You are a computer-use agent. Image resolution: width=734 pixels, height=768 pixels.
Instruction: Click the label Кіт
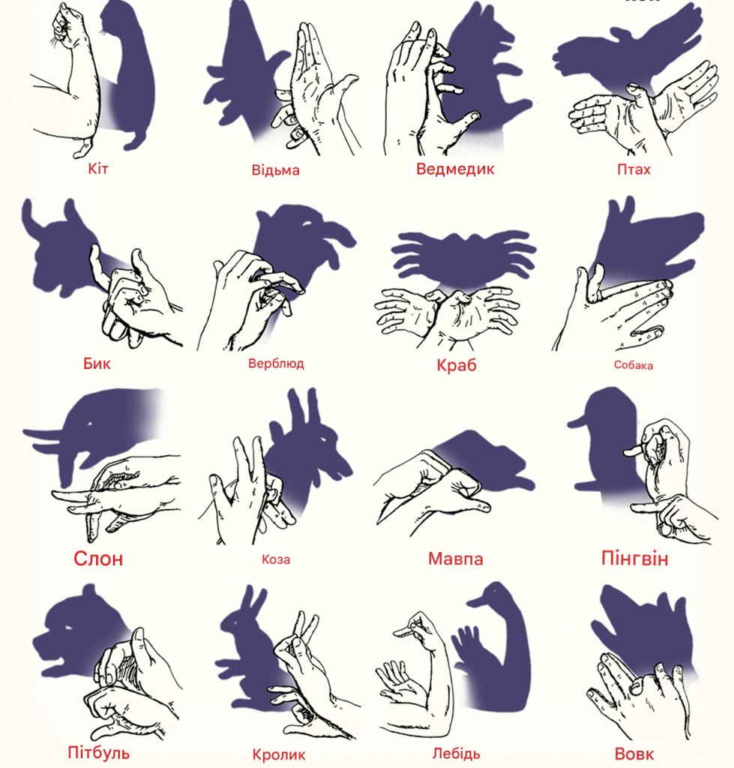click(98, 169)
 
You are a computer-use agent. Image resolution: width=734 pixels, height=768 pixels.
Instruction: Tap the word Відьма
click(275, 170)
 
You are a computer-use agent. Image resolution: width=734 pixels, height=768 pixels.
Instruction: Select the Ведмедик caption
click(455, 169)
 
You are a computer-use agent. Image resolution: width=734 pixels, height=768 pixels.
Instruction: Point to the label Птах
click(634, 169)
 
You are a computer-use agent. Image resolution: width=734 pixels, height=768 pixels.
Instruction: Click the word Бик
click(97, 363)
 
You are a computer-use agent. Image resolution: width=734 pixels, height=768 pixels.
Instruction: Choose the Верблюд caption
click(276, 364)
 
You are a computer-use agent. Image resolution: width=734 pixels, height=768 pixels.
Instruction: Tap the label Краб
click(457, 365)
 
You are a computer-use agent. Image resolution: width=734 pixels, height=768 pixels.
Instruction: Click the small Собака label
click(633, 365)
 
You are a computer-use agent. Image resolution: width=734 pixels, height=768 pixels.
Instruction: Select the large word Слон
click(98, 558)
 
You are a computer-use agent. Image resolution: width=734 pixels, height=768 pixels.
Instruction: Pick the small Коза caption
click(276, 559)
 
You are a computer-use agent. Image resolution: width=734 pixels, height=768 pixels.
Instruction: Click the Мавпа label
click(455, 558)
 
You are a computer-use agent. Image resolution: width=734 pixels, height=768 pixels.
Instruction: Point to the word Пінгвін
click(634, 558)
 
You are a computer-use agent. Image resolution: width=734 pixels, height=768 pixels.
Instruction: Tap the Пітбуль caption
click(98, 752)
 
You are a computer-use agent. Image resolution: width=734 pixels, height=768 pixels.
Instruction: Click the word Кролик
click(279, 754)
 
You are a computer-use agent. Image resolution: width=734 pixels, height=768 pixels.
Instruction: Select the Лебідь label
click(456, 753)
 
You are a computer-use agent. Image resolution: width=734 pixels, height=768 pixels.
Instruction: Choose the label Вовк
click(634, 754)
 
